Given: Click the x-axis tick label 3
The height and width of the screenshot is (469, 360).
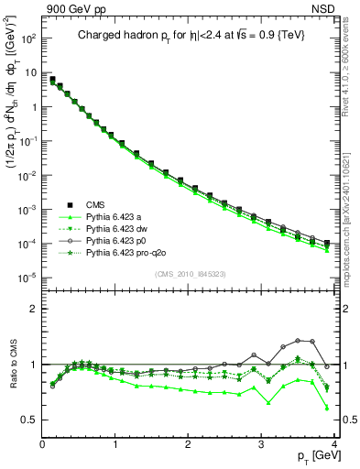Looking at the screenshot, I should tap(262, 444).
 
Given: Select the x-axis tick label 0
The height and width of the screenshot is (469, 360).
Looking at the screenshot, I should tap(42, 444).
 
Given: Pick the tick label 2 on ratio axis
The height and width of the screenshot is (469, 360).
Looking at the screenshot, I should tap(34, 308).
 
